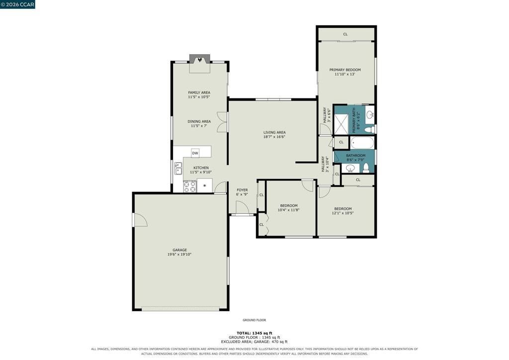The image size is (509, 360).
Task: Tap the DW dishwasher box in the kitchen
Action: coord(195,153)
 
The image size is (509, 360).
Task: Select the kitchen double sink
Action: coord(178,169)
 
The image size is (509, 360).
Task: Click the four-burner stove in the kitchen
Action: coord(190,186)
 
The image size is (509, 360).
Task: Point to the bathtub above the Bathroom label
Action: coord(362,143)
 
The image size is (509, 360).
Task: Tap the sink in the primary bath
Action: coord(370,114)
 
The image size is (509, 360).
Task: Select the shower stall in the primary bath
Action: coord(341,124)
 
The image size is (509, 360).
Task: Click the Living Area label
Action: coord(274,132)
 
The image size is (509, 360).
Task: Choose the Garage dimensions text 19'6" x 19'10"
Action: coord(179,255)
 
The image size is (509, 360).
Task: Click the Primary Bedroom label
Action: coord(345,70)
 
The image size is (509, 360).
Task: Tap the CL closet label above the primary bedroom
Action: coord(345,34)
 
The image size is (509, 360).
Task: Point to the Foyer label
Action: coord(242,190)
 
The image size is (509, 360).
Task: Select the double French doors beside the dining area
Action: coord(222,122)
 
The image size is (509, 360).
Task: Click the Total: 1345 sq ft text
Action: coord(254,333)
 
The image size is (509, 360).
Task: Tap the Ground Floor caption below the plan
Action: coord(254,320)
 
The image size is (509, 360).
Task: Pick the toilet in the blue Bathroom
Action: coord(366,168)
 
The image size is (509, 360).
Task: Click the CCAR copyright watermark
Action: coord(17,4)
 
